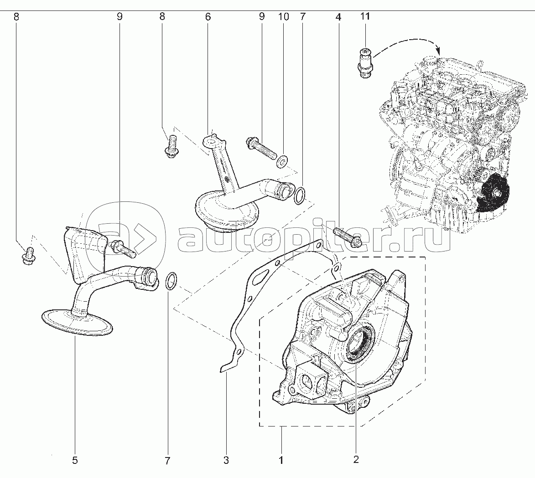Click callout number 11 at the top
[365, 16]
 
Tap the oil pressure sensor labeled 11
[366, 62]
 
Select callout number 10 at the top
[283, 17]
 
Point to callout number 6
[208, 17]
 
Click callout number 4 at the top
[338, 17]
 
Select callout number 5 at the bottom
[75, 460]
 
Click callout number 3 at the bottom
[226, 460]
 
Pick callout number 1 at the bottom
[281, 460]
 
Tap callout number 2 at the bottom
[356, 460]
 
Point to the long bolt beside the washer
[261, 148]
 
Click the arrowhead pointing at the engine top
[438, 51]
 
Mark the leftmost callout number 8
[16, 17]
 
